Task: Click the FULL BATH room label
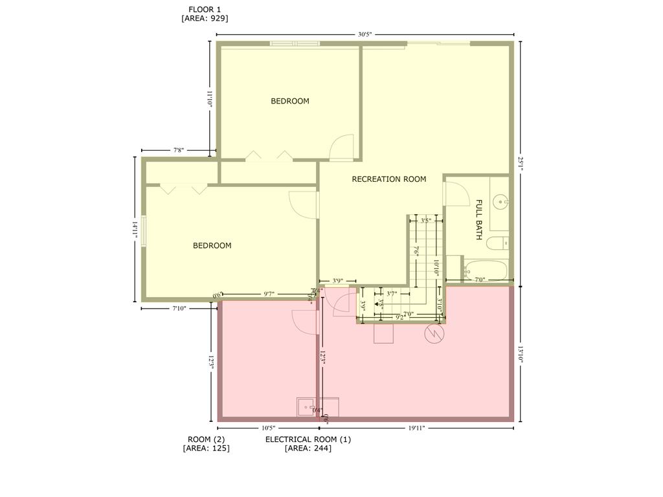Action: tap(479, 219)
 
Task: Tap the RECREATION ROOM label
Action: tap(388, 179)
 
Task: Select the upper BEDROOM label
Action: tap(289, 101)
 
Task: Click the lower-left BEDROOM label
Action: tap(212, 246)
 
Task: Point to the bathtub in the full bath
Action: tap(485, 269)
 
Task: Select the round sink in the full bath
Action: tap(500, 202)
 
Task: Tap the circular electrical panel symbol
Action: tap(433, 334)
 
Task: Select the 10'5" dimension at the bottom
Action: tap(268, 428)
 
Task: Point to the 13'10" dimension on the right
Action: tap(521, 353)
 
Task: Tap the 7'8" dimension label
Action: tap(179, 150)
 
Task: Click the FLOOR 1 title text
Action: tap(204, 9)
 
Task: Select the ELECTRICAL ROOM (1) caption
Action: tap(308, 439)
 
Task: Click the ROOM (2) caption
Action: tap(206, 439)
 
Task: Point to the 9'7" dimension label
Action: tap(269, 294)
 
